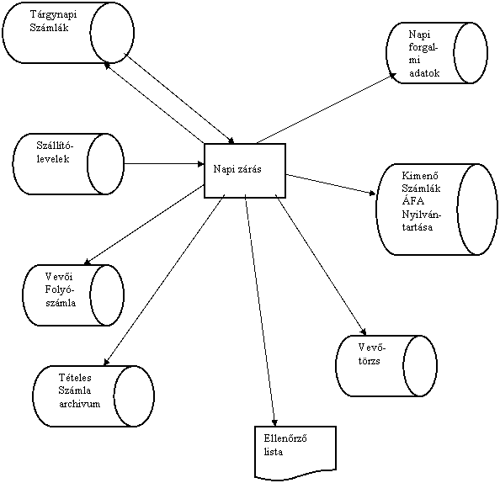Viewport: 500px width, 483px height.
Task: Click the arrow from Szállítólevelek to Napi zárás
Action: coord(164,164)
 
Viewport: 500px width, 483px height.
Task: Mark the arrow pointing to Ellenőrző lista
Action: coord(260,310)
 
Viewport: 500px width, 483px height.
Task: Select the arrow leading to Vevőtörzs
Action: coord(321,264)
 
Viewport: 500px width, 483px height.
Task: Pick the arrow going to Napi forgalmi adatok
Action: coord(327,109)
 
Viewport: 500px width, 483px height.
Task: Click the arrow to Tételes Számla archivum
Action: coord(164,279)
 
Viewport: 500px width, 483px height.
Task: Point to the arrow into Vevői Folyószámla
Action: coord(144,225)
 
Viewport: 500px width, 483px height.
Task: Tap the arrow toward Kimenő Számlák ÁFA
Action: coord(331,184)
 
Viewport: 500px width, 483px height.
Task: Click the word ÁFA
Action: coord(413,201)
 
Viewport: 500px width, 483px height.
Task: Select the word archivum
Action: coord(80,404)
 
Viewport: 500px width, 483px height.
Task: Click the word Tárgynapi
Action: coord(53,14)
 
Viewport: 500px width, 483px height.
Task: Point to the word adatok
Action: coord(424,73)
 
